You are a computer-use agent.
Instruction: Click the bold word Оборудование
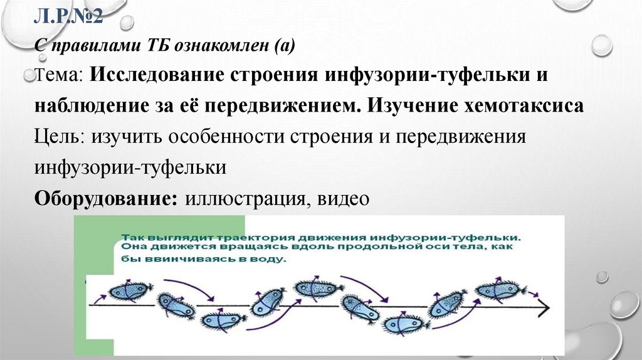coord(105,198)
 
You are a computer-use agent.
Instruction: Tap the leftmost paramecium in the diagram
coord(130,290)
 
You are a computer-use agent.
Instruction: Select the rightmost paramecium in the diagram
coord(498,290)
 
